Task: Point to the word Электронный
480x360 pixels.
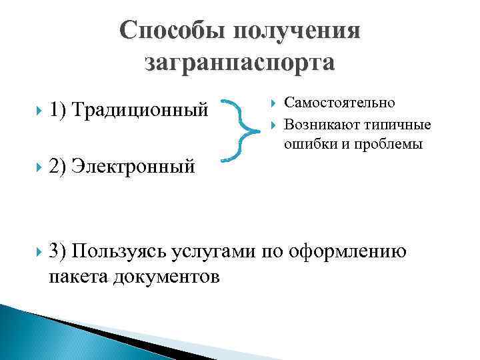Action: pos(133,164)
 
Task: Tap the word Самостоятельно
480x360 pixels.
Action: pos(339,103)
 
